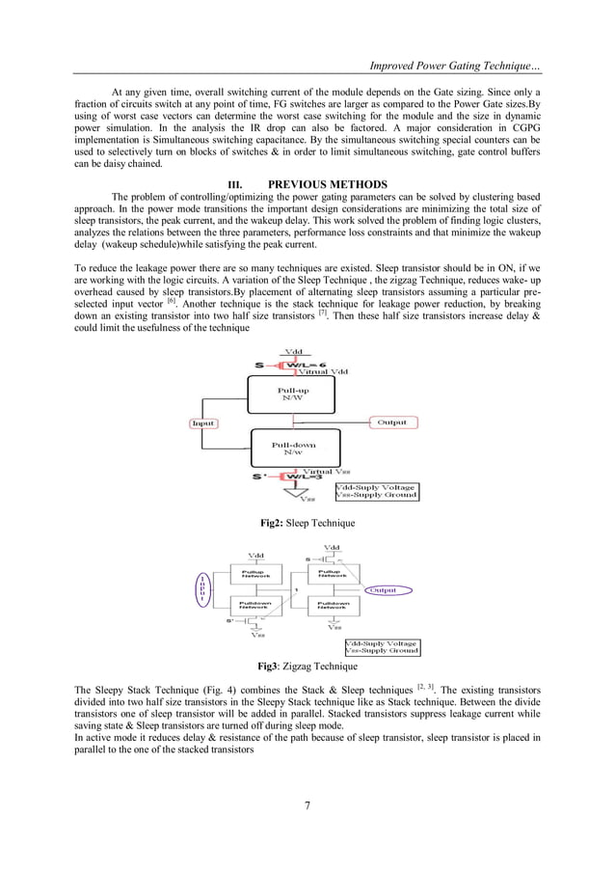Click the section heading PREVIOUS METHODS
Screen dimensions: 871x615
pyautogui.click(x=327, y=184)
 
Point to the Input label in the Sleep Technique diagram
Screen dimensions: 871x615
pyautogui.click(x=202, y=422)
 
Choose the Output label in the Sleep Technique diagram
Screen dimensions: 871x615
pyautogui.click(x=392, y=422)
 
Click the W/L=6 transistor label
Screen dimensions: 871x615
pyautogui.click(x=307, y=364)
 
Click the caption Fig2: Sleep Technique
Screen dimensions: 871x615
pyautogui.click(x=307, y=523)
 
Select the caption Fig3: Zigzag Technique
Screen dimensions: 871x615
pyautogui.click(x=307, y=667)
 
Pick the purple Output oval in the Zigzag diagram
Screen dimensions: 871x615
pyautogui.click(x=385, y=589)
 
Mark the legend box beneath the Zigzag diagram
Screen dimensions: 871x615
pyautogui.click(x=382, y=646)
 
